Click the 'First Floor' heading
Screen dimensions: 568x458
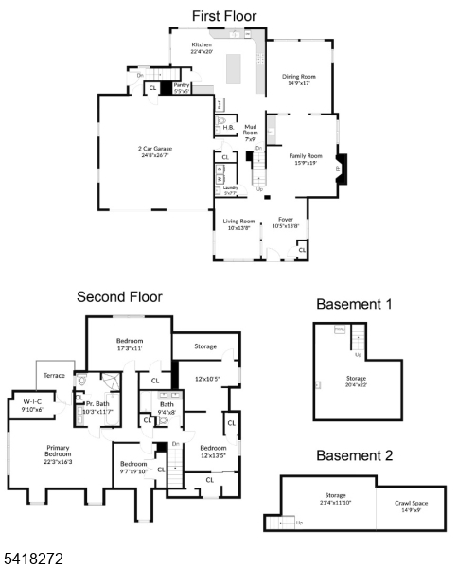click(x=224, y=16)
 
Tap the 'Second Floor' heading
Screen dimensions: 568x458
click(x=119, y=296)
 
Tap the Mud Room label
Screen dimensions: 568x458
click(x=251, y=129)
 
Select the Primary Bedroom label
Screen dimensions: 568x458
click(x=59, y=451)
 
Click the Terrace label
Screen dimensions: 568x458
click(x=55, y=376)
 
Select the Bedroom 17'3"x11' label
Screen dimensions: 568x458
click(x=130, y=344)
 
